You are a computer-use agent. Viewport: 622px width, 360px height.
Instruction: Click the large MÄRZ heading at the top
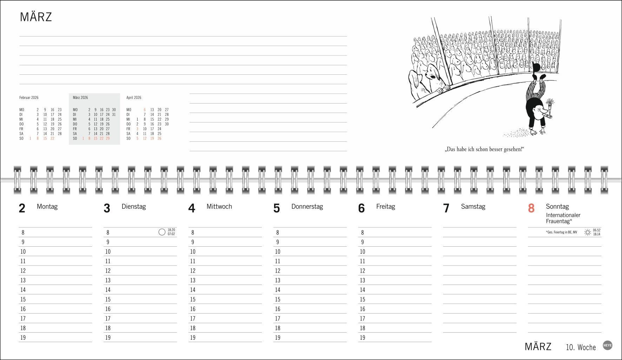coord(36,17)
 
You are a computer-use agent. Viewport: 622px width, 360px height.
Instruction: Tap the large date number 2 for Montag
coord(22,208)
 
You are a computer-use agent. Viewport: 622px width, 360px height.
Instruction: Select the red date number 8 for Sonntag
coord(531,208)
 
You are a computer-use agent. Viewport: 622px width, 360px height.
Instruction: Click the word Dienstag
coord(134,207)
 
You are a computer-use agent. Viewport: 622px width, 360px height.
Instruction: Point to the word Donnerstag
coord(307,207)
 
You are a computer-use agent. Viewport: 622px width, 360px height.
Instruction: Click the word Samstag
coord(473,207)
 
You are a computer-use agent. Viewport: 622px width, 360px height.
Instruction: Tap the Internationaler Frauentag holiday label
coord(563,218)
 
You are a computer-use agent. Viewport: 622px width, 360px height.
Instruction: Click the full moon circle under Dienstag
coord(162,232)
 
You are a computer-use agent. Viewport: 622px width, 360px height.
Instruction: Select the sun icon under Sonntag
coord(588,232)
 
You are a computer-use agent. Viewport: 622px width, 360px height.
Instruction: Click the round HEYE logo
coord(608,345)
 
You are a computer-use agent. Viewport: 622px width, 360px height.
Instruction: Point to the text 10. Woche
coord(581,347)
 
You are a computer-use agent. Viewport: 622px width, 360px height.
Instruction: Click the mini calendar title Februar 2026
coord(29,98)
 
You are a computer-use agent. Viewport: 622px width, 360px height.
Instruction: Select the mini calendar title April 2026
coord(134,98)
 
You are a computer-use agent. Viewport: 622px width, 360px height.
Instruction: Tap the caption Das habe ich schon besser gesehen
coord(484,149)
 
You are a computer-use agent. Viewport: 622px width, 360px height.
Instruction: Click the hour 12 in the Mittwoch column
coord(193,271)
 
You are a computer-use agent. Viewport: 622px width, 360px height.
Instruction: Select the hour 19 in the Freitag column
coord(363,338)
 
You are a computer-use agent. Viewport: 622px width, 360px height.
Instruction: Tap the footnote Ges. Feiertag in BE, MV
coord(561,232)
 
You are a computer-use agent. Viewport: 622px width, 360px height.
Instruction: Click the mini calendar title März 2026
coord(80,98)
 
